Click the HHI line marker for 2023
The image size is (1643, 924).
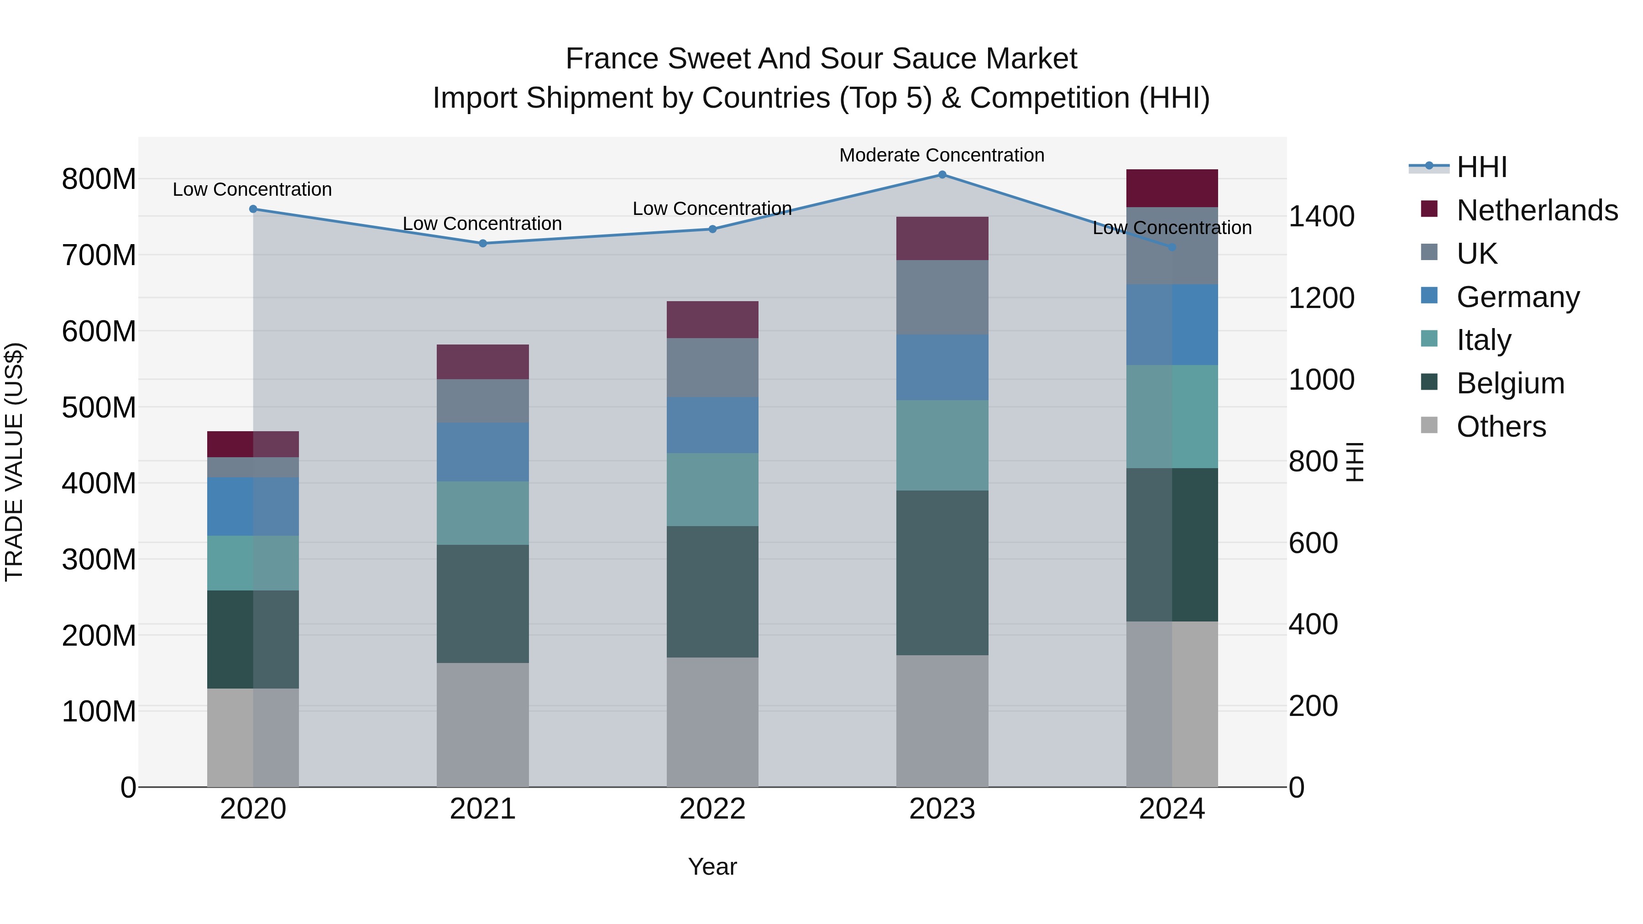coord(942,175)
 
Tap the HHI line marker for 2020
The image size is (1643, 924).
coord(253,209)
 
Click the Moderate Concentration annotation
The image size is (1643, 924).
coord(942,156)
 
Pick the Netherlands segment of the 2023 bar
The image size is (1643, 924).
coord(942,239)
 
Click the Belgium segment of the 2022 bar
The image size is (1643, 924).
coord(712,592)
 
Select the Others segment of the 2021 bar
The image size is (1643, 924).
coord(483,725)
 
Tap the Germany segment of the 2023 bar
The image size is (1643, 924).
coord(942,367)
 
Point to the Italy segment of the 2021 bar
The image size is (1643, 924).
coord(483,513)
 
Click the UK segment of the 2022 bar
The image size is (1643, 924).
coord(712,368)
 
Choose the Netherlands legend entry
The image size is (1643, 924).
coord(1537,210)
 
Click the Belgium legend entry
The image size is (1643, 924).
coord(1510,383)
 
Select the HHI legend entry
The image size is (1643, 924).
coord(1481,167)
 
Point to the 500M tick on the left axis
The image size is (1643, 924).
coord(99,407)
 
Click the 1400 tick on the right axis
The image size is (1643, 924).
coord(1322,216)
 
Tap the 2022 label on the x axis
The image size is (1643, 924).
coord(712,809)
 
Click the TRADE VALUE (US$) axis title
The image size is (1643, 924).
coord(14,462)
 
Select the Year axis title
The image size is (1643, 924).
coord(712,867)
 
